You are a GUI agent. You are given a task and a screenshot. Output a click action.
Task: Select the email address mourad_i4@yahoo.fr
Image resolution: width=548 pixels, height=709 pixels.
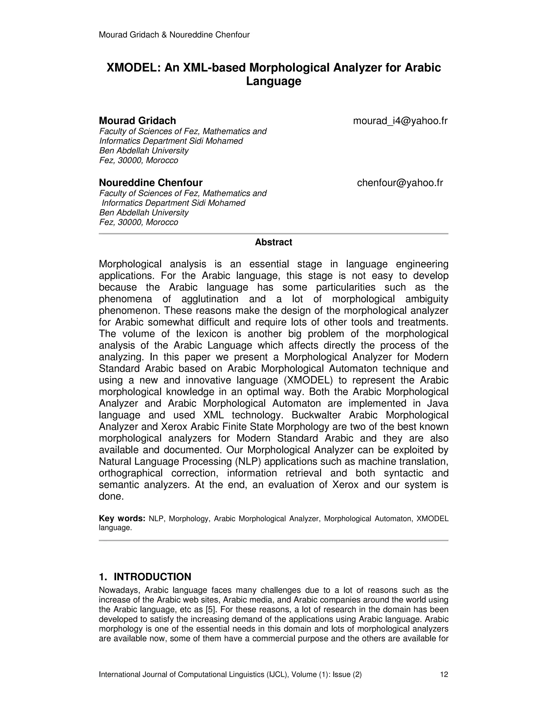(x=400, y=121)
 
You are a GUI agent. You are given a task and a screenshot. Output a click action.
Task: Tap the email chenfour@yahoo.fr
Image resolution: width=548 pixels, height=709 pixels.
(x=400, y=183)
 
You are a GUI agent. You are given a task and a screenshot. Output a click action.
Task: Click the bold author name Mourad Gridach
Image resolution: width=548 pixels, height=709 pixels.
(x=137, y=121)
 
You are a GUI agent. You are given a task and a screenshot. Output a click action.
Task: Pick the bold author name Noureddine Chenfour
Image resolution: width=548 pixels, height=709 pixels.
(x=151, y=183)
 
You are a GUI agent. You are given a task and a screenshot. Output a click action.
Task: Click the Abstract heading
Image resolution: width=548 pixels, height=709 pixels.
(x=273, y=242)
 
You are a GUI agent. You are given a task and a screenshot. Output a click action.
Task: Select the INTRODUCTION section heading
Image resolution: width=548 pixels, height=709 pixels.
(x=152, y=577)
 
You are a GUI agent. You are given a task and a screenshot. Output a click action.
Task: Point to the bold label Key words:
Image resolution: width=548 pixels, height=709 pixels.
(x=122, y=519)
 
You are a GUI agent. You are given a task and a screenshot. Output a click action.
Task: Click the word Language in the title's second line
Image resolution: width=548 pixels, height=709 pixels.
(x=273, y=81)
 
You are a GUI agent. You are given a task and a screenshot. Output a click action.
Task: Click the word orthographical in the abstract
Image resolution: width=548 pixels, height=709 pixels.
(x=131, y=473)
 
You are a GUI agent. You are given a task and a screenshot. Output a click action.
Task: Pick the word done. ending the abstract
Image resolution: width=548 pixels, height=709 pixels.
(x=111, y=496)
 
